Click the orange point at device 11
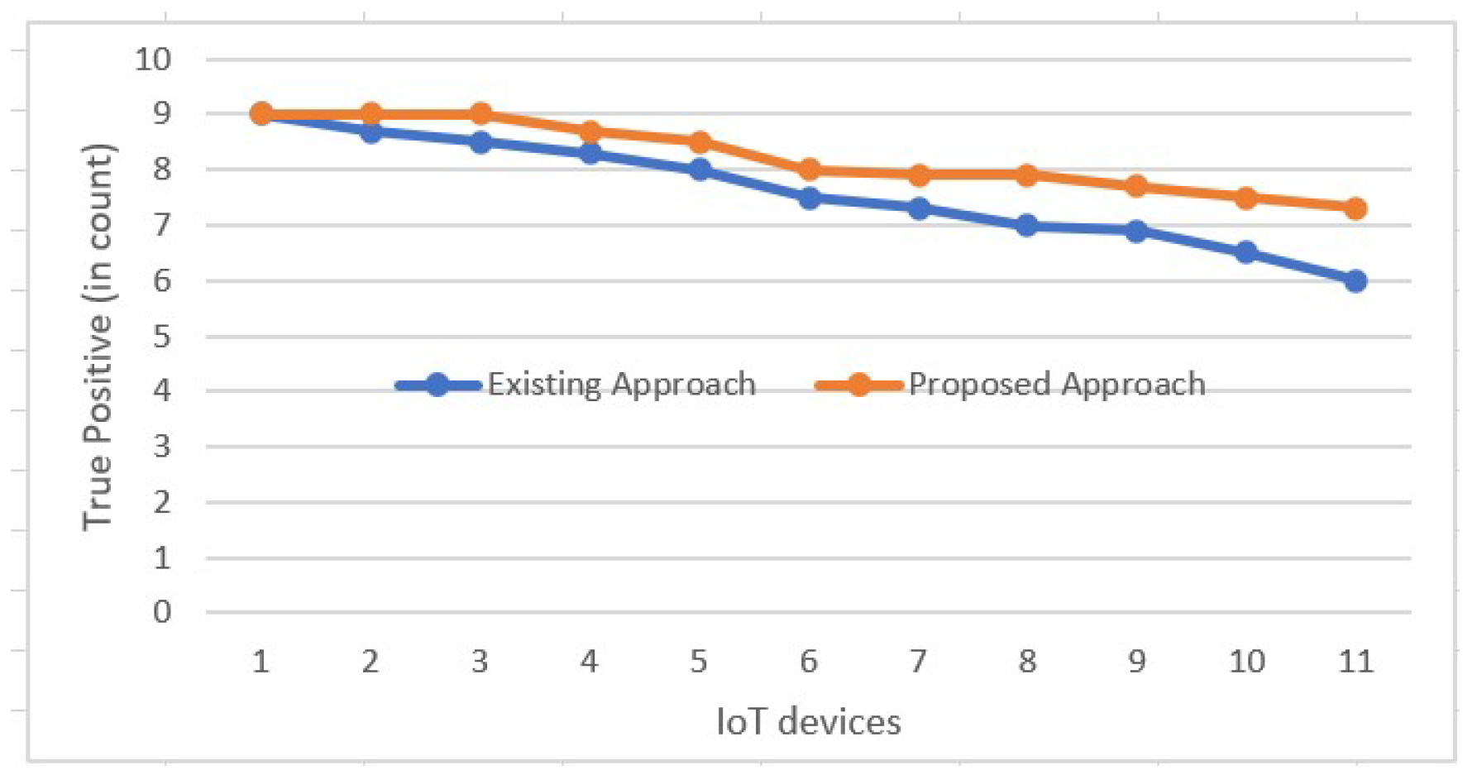point(1355,208)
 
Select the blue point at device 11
point(1355,281)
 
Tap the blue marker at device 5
point(700,170)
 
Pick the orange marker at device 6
point(809,170)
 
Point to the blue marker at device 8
point(1026,225)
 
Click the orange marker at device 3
point(480,114)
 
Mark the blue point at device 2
point(370,132)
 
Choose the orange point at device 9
point(1136,186)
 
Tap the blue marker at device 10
point(1245,252)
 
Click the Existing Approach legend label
point(621,385)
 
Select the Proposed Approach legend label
point(1056,385)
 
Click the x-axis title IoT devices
point(808,722)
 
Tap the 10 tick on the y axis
point(153,60)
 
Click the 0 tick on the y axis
point(162,612)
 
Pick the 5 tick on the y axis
point(162,337)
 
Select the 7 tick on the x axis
point(918,662)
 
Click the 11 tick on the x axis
point(1355,662)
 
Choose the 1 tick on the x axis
point(261,662)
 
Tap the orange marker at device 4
point(590,132)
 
